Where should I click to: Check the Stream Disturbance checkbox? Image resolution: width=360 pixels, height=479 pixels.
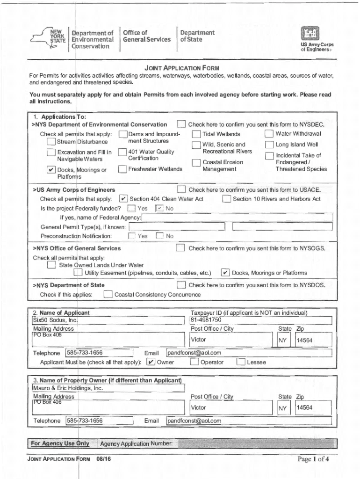coord(51,142)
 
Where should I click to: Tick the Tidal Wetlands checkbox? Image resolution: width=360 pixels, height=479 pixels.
coord(196,135)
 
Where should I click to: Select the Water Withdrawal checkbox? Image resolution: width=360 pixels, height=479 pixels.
coord(269,134)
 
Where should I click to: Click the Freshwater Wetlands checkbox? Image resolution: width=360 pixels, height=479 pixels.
coord(122,169)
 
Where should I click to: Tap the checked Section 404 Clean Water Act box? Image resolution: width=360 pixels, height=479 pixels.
coord(123,199)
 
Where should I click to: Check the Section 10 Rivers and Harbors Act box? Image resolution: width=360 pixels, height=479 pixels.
coord(227,199)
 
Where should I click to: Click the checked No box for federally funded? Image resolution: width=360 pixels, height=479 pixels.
coord(159,209)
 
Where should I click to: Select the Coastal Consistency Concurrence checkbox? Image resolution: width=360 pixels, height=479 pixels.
coord(108,295)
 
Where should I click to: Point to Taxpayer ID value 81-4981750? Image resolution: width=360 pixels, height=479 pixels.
coord(206,320)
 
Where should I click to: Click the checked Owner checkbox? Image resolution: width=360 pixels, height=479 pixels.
coord(151,362)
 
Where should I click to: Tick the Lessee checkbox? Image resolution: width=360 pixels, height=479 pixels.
coord(241,362)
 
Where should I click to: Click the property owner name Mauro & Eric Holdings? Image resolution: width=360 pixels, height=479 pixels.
coord(67,388)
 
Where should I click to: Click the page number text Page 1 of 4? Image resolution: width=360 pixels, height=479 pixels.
coord(313,459)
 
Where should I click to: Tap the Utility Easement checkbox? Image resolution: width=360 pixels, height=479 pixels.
coord(78,273)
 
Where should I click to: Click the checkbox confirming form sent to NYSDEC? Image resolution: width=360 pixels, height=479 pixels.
coord(181,124)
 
